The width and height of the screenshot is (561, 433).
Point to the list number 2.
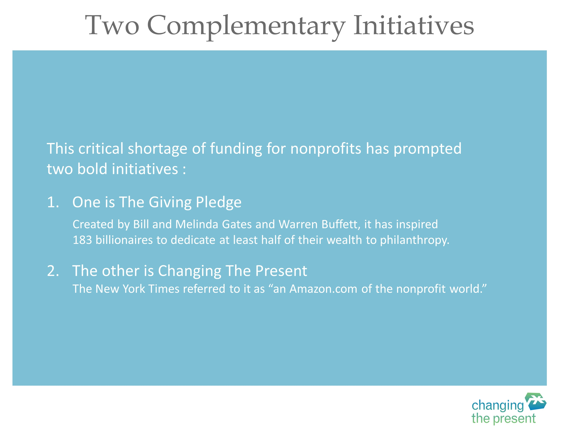click(x=53, y=271)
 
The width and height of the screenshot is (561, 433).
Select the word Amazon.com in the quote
click(x=323, y=289)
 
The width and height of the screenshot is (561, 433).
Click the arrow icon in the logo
click(x=536, y=402)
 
